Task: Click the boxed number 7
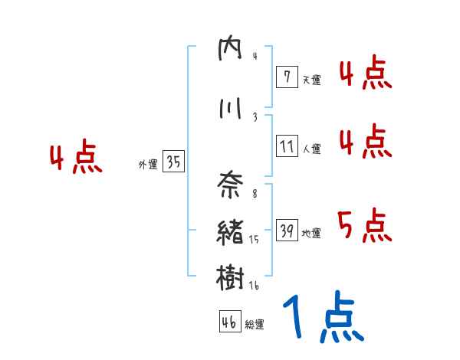[286, 77]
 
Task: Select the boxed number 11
[287, 146]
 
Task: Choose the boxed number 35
[173, 162]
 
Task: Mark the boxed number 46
[229, 322]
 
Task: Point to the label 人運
[311, 149]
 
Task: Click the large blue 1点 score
[323, 319]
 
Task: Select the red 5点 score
[364, 226]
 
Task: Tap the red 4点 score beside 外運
[75, 159]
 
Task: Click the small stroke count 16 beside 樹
[255, 286]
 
